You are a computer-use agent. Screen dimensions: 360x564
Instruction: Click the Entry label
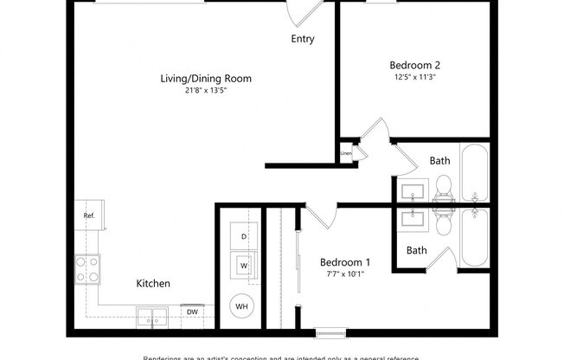click(302, 39)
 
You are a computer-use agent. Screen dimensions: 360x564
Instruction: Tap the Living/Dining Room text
click(206, 79)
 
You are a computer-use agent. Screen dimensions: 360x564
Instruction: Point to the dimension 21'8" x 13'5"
click(206, 91)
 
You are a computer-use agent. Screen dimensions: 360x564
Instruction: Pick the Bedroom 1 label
click(345, 262)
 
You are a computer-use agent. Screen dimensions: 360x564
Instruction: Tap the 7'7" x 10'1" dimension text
click(345, 274)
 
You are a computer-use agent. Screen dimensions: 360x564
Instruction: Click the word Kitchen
click(153, 283)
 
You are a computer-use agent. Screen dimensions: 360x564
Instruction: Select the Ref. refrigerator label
click(88, 215)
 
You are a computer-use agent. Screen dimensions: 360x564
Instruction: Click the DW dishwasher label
click(191, 312)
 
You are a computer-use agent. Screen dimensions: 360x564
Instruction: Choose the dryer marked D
click(243, 236)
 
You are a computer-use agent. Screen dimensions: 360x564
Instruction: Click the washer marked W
click(243, 266)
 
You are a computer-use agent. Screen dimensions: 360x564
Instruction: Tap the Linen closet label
click(346, 153)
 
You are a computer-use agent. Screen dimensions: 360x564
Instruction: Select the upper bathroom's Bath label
click(440, 160)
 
